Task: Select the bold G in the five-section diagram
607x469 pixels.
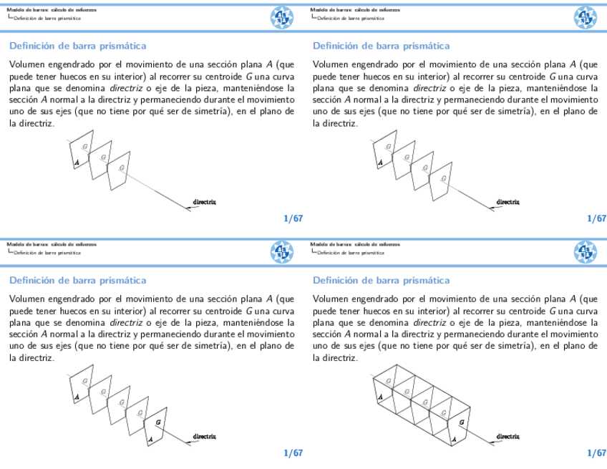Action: pyautogui.click(x=158, y=422)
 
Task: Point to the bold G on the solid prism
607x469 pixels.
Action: pyautogui.click(x=461, y=422)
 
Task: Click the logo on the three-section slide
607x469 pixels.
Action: pyautogui.click(x=281, y=17)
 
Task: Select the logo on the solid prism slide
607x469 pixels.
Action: pyautogui.click(x=585, y=251)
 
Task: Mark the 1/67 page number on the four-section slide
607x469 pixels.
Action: pyautogui.click(x=596, y=218)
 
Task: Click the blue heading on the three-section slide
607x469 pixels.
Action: pyautogui.click(x=77, y=46)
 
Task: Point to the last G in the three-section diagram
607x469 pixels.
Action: pyautogui.click(x=122, y=168)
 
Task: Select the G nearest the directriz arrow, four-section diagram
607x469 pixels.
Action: pyautogui.click(x=444, y=178)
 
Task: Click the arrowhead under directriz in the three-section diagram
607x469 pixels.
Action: pyautogui.click(x=190, y=208)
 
